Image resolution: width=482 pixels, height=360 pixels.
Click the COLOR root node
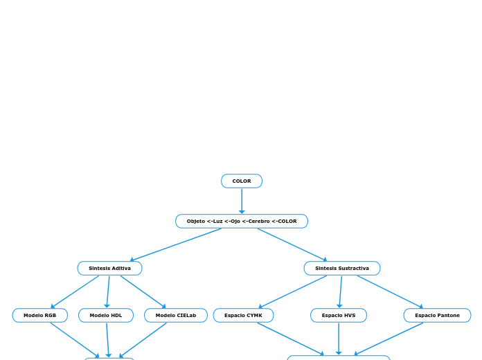pos(241,181)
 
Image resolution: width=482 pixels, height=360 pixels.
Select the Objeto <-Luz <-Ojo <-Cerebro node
pos(241,222)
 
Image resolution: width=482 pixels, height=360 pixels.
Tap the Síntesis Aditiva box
pos(109,269)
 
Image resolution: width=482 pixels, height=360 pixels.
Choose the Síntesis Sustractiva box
pos(341,269)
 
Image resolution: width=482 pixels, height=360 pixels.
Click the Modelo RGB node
pos(39,316)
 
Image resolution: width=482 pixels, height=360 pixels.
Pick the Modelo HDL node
pos(105,316)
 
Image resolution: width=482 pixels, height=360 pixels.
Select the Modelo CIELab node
pos(175,316)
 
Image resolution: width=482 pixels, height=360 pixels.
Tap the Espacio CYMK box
pos(243,316)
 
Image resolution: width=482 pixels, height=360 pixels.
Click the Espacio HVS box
pos(338,316)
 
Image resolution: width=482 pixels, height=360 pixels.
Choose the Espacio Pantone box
pos(437,316)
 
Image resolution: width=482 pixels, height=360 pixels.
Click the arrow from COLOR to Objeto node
pos(242,201)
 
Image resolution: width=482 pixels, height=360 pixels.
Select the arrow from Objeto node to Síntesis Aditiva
pos(176,245)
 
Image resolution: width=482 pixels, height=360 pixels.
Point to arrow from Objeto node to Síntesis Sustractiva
pos(292,245)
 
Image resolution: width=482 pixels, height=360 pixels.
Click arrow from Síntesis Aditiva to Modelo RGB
pos(75,292)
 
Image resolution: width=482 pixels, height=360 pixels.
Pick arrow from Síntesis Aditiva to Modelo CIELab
pos(143,292)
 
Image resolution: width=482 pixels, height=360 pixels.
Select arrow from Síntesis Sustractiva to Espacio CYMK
pos(293,292)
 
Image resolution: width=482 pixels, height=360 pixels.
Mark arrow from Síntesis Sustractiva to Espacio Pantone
pos(390,292)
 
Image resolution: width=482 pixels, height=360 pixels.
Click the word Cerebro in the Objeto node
pos(260,222)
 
